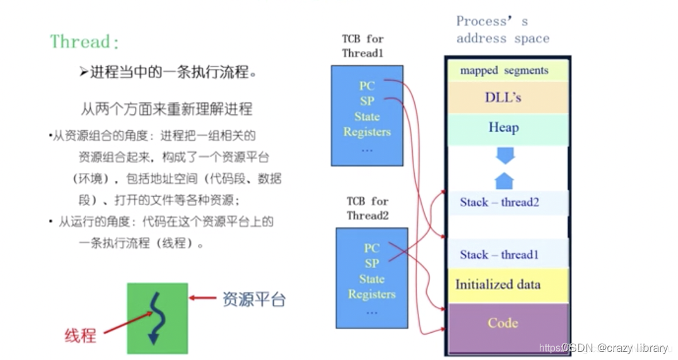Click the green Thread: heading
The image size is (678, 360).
tap(85, 42)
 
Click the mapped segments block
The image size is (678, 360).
tap(504, 71)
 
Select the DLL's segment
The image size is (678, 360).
tap(503, 98)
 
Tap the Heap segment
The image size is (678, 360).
tap(503, 128)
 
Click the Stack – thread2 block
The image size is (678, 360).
tap(500, 203)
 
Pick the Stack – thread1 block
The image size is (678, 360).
tap(499, 255)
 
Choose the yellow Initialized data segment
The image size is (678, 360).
tap(498, 284)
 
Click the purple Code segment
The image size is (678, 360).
tap(503, 323)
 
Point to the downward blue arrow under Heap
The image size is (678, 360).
tap(505, 155)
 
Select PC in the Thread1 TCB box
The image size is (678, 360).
tap(367, 85)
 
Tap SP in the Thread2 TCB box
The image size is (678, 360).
tap(372, 263)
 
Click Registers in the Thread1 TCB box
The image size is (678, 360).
tap(367, 132)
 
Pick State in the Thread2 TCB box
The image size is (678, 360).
tap(372, 279)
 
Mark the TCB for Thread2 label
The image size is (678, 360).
tap(367, 208)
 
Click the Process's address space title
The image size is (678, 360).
tap(503, 30)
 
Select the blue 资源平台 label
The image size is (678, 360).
tap(254, 299)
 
